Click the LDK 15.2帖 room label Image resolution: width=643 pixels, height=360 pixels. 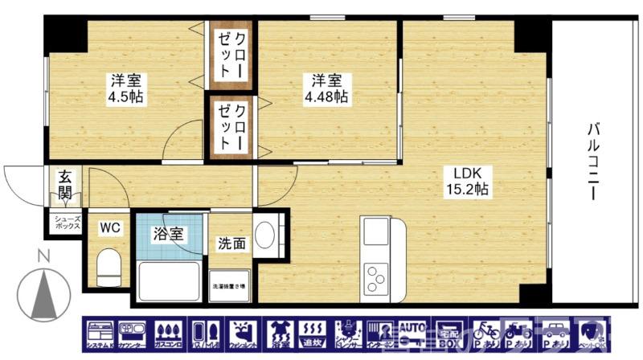(468, 182)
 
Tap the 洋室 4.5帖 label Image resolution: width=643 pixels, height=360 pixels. (127, 88)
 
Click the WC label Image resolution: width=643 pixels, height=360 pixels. (110, 228)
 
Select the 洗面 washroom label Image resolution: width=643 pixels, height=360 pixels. (231, 243)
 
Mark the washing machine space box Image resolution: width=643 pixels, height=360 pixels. (230, 286)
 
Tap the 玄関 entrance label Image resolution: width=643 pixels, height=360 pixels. (64, 185)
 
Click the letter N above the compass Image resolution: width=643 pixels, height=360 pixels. (45, 256)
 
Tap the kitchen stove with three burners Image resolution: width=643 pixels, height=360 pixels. (375, 278)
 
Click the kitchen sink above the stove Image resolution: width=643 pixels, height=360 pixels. (375, 231)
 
